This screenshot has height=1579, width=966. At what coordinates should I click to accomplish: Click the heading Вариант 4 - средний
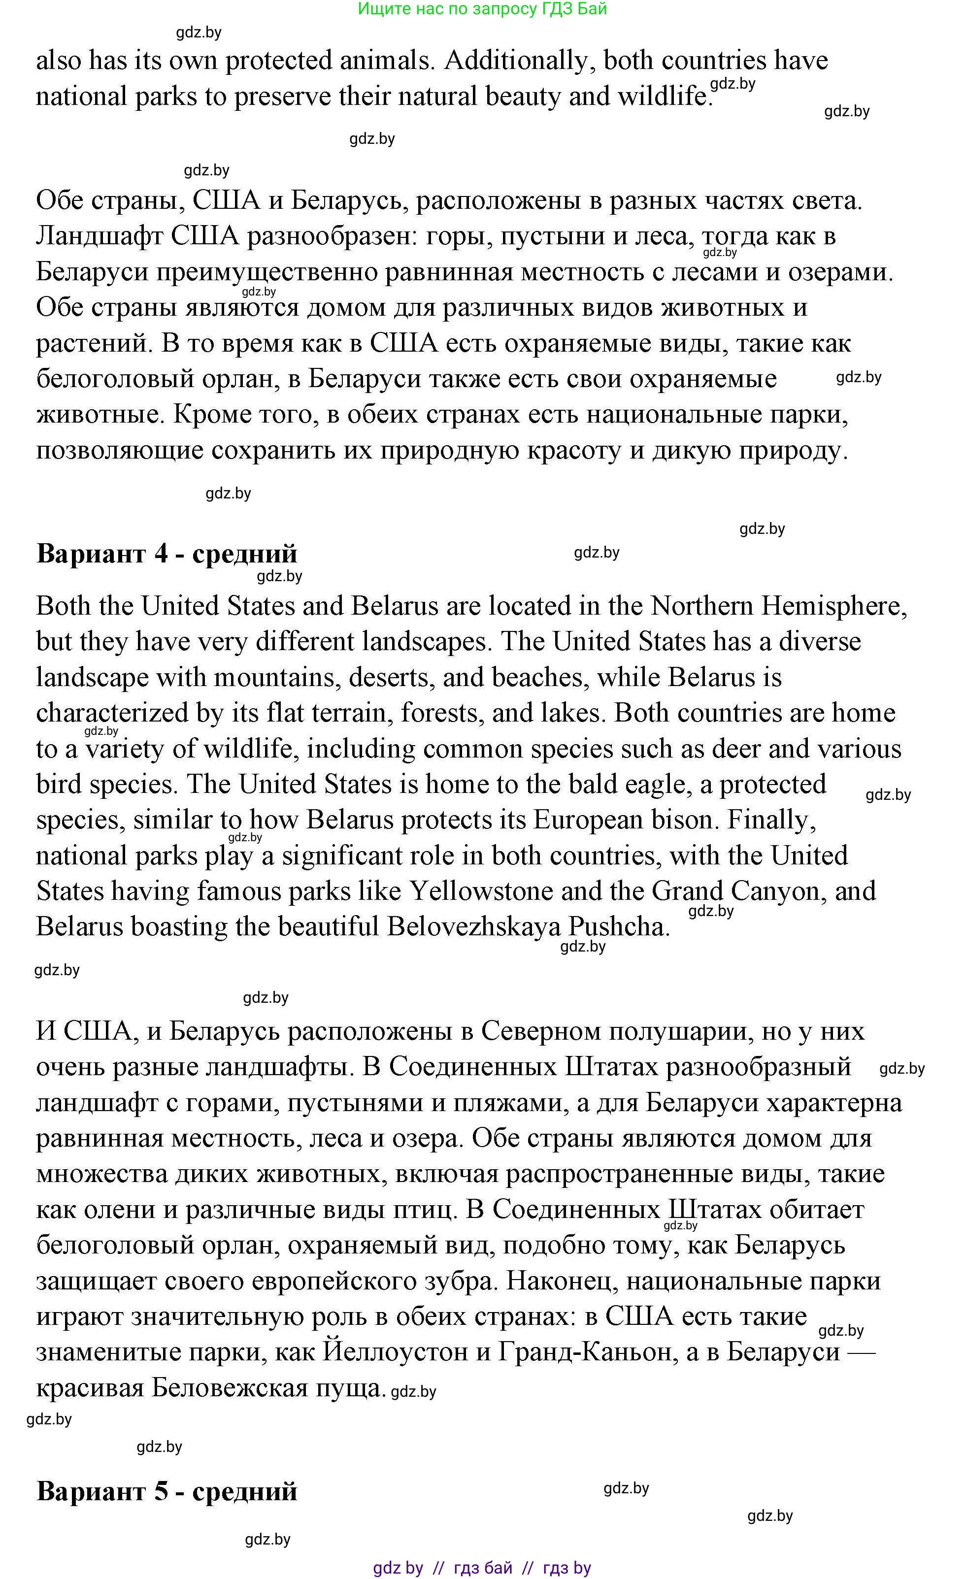167,554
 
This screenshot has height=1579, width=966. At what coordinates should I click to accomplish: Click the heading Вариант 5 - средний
167,1491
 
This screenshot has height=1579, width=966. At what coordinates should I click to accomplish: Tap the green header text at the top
482,9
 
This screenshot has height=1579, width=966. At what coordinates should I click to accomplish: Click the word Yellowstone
481,891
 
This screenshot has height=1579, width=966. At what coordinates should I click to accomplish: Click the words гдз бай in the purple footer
483,1568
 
